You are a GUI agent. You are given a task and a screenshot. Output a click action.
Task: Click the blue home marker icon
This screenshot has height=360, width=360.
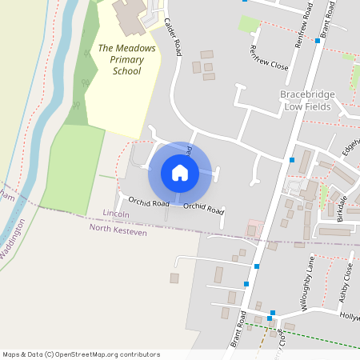coord(180,173)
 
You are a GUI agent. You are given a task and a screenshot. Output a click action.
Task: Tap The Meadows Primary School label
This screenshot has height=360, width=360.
coord(126,59)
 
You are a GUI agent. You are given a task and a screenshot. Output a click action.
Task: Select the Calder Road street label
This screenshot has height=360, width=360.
coord(171,37)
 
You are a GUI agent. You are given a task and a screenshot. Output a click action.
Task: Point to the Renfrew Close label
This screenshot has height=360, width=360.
coord(268,56)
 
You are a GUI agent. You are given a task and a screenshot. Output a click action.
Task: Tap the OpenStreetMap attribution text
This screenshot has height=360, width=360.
coord(81,354)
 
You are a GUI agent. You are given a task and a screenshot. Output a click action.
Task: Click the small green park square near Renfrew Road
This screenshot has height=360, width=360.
coord(250,24)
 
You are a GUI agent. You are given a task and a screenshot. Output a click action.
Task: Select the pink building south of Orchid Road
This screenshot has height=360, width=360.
coord(254,228)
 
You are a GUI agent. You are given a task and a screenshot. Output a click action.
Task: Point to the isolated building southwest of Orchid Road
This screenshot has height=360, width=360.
coord(174,278)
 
